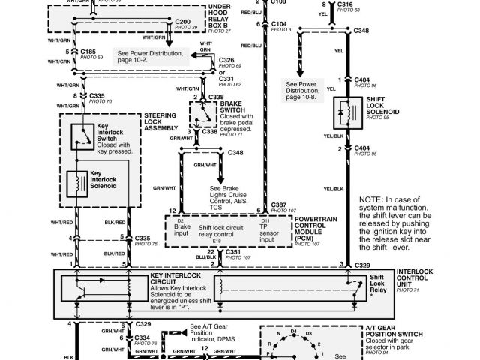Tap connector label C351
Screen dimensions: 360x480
click(x=235, y=252)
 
